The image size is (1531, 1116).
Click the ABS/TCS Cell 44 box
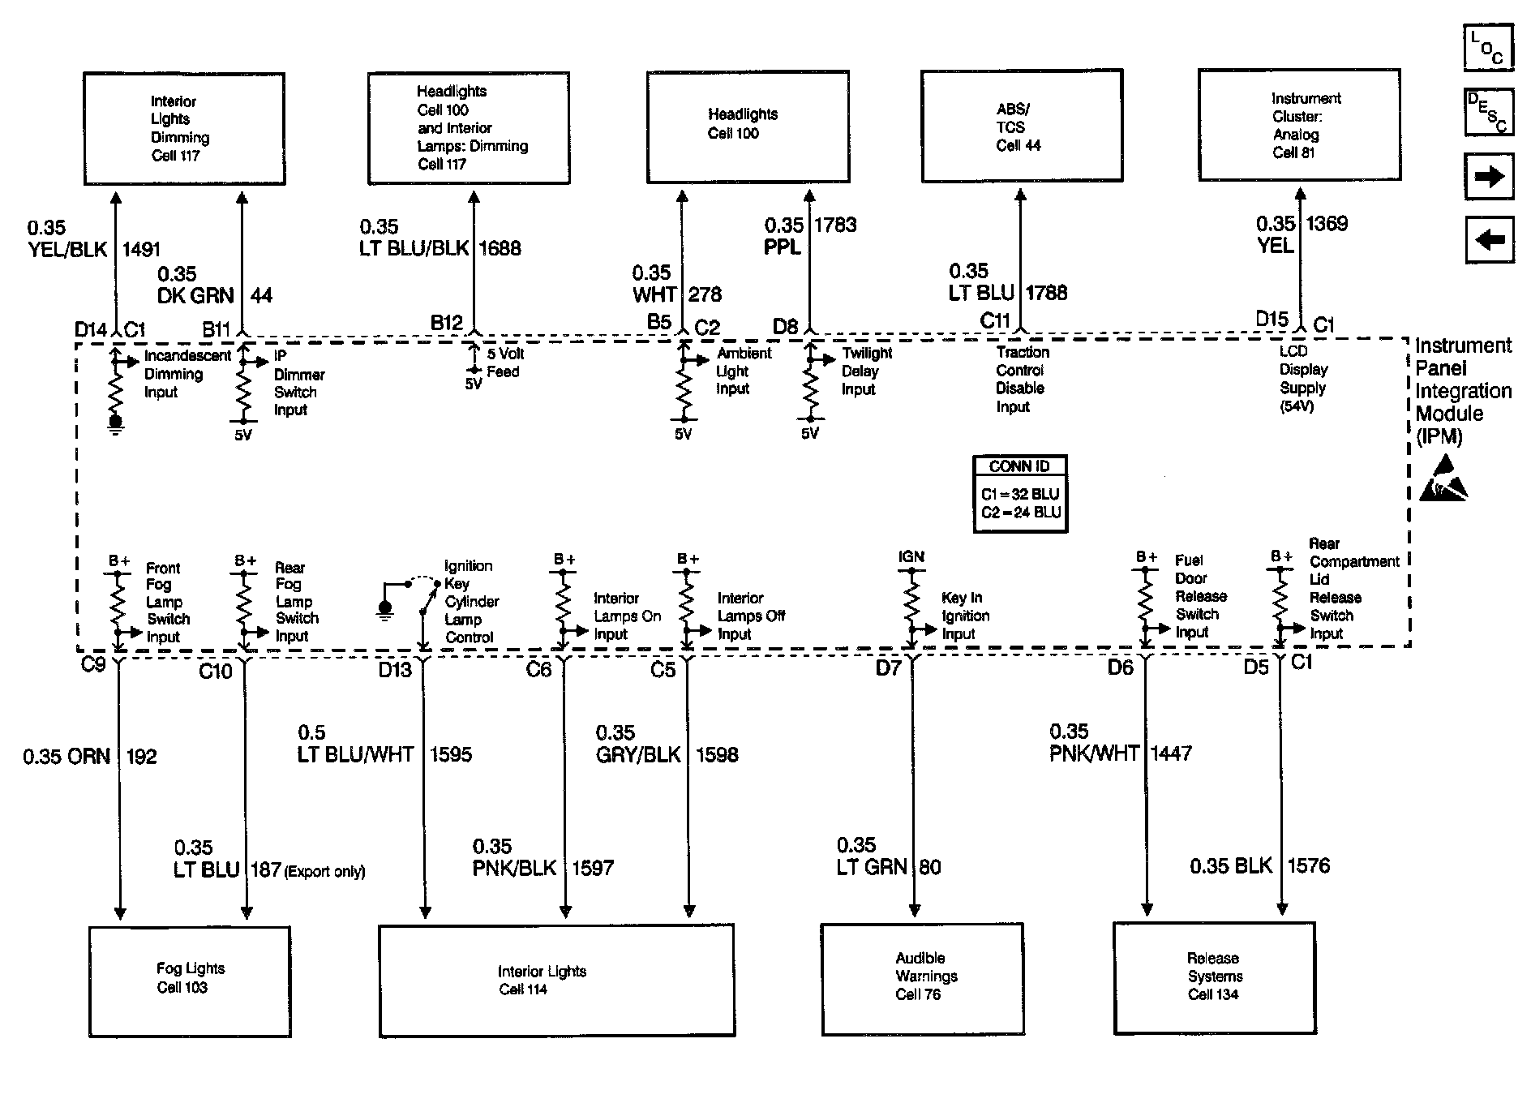[1022, 126]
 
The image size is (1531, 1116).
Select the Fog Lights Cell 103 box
[190, 981]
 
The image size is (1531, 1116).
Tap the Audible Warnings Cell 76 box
[922, 979]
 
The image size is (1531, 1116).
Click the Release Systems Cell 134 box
[1214, 977]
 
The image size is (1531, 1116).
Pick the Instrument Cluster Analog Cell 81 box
[1299, 125]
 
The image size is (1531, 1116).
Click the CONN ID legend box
[1020, 493]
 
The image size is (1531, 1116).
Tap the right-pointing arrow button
[1489, 177]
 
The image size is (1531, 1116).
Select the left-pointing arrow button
[1489, 240]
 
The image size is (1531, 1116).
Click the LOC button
[1488, 48]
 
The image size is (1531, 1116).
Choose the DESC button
[1488, 112]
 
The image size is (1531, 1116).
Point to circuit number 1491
[141, 250]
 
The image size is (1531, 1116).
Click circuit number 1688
[500, 248]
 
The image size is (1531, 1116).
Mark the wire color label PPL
[783, 247]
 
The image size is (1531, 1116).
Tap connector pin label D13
[395, 670]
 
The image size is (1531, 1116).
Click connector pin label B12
[446, 323]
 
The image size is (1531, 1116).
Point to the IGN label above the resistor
[911, 556]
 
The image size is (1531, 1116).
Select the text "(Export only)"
[324, 872]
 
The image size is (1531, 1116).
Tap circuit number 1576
[1309, 866]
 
